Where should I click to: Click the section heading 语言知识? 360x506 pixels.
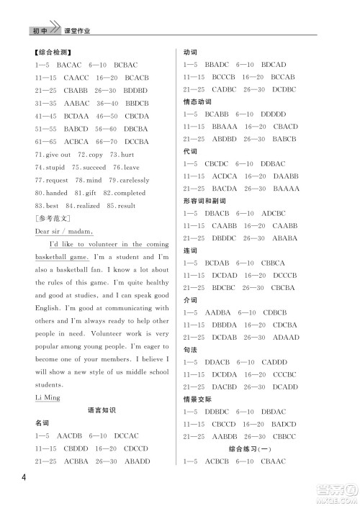pyautogui.click(x=101, y=410)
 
